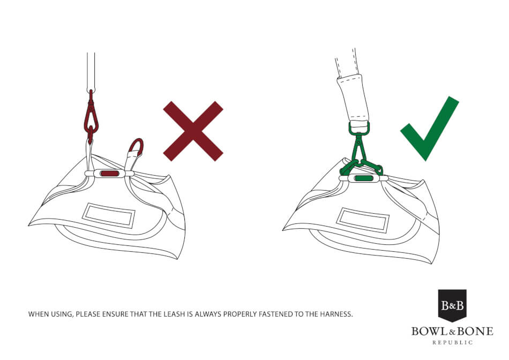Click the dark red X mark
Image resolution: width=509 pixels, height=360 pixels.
tap(193, 131)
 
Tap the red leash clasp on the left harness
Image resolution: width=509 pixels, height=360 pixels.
tap(91, 117)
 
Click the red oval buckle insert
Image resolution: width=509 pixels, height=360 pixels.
tap(110, 174)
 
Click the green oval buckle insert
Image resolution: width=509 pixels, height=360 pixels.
tap(364, 178)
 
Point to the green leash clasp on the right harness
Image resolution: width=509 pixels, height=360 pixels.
tap(360, 149)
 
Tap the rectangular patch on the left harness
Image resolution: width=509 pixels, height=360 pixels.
tap(108, 215)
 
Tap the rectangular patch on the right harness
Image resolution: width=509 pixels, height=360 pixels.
tap(363, 220)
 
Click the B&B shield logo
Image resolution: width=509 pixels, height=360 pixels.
tap(452, 305)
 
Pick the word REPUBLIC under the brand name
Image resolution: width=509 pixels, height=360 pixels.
tap(453, 342)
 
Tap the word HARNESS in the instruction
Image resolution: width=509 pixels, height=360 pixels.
tap(336, 314)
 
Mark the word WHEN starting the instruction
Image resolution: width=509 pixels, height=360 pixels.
tap(38, 314)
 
